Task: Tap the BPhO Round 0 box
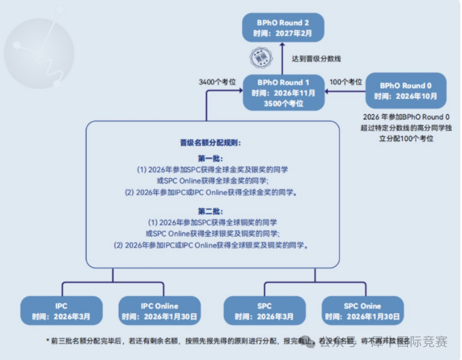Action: click(x=405, y=91)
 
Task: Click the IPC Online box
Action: click(x=159, y=311)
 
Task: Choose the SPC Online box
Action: click(x=362, y=311)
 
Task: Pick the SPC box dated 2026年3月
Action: click(x=265, y=311)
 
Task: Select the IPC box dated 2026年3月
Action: click(x=61, y=311)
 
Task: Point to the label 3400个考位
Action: click(x=217, y=82)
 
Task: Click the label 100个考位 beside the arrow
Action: click(x=346, y=82)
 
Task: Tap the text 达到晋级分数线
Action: click(x=316, y=59)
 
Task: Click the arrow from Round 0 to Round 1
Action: click(x=344, y=92)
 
